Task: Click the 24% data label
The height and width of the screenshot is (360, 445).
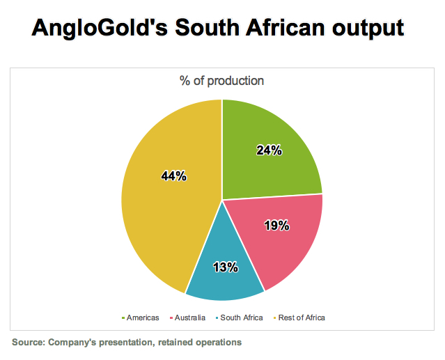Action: [268, 150]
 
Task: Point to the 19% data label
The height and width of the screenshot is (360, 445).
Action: [277, 226]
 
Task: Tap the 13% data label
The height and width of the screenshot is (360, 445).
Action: [226, 267]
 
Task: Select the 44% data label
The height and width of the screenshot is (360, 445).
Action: [173, 176]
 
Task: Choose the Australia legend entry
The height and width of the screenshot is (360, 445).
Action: [187, 318]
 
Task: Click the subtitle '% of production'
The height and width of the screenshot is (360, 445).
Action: [222, 81]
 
